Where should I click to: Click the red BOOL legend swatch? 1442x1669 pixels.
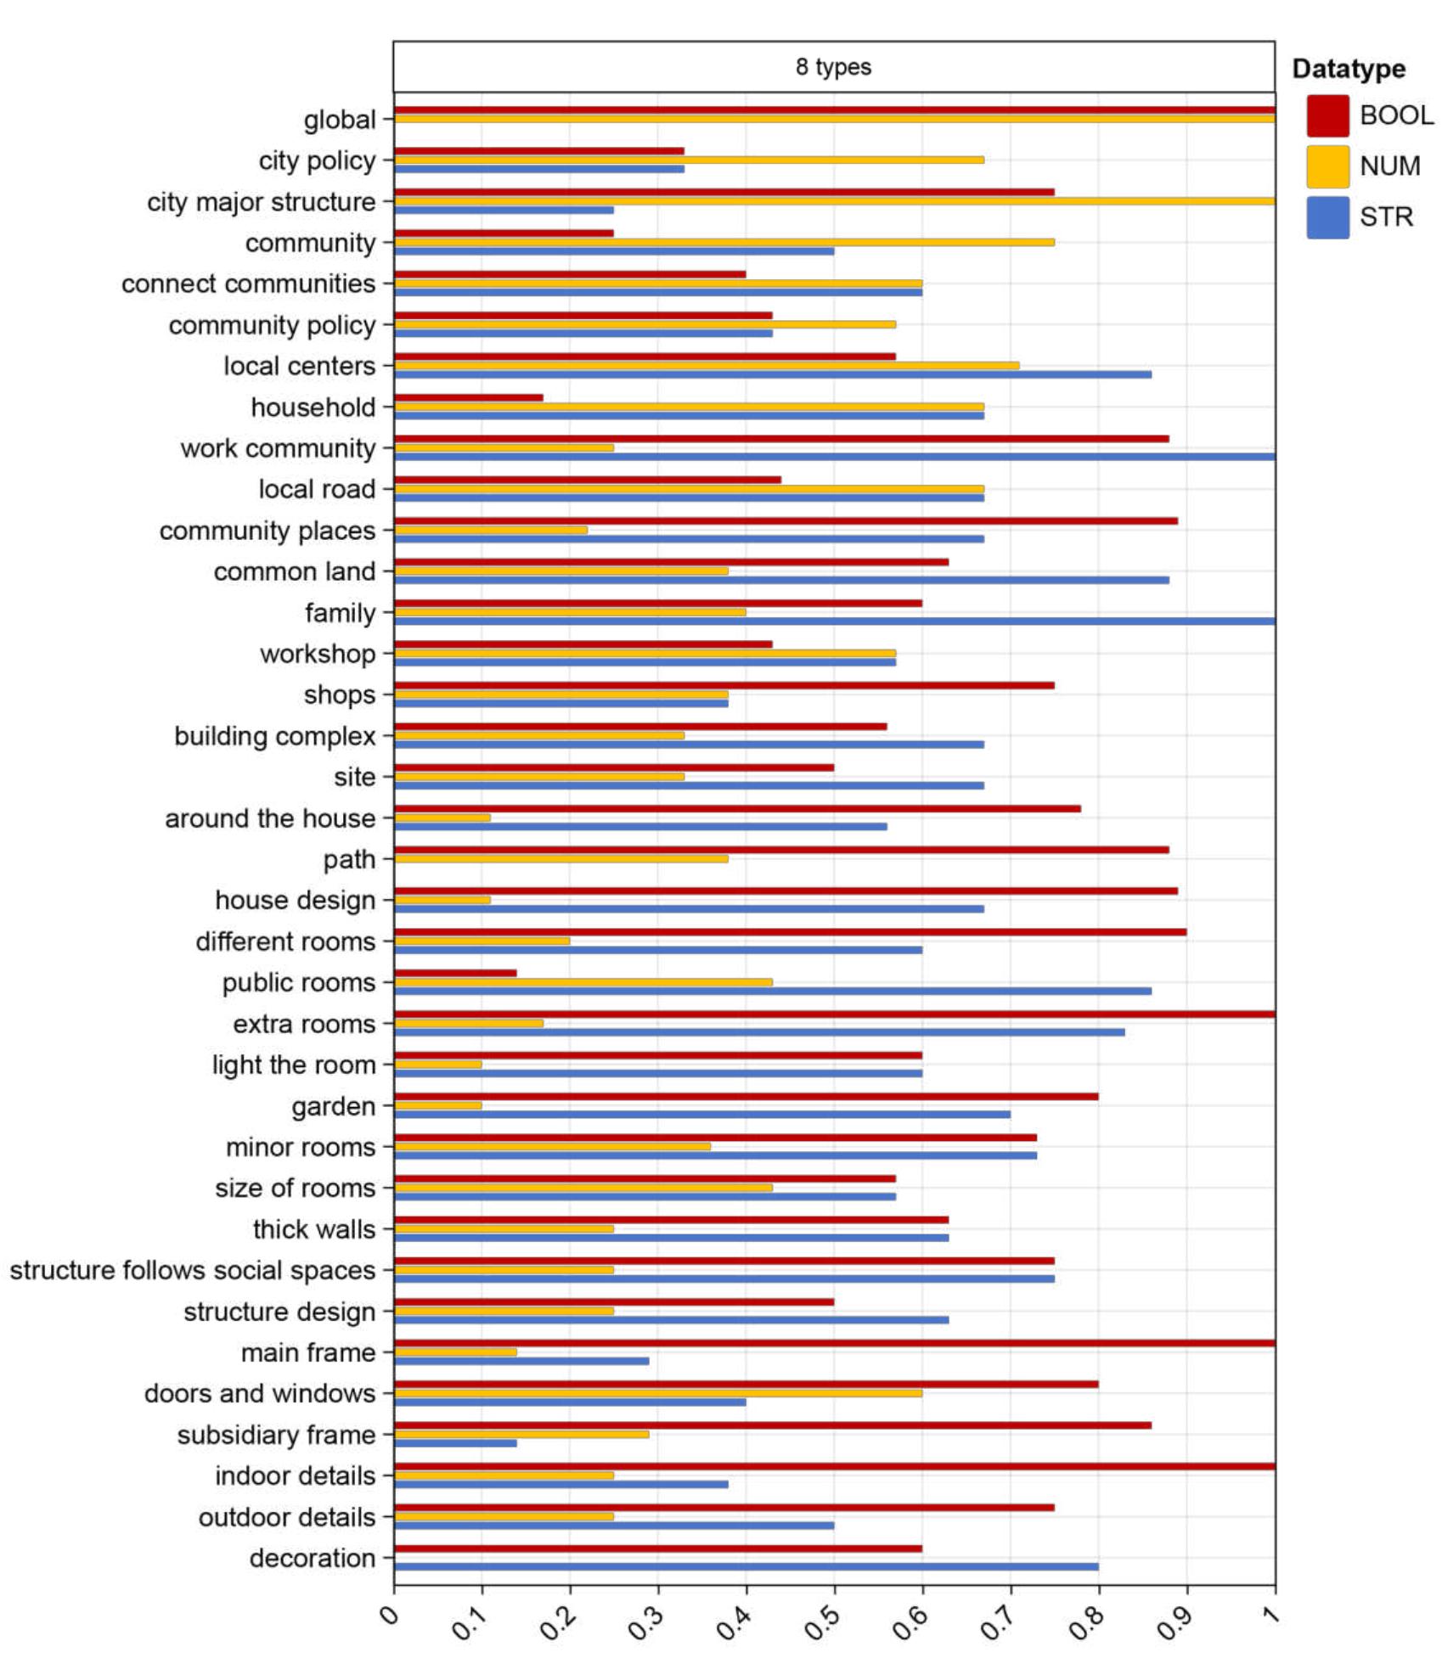[x=1327, y=115]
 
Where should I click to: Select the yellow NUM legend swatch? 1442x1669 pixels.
[x=1327, y=166]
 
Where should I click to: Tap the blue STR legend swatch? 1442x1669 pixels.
[x=1327, y=217]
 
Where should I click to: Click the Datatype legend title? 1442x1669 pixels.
[x=1348, y=69]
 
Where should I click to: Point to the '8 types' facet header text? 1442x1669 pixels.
[x=833, y=67]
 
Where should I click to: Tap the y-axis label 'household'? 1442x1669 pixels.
[x=313, y=407]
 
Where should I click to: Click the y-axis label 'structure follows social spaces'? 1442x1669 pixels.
[x=193, y=1270]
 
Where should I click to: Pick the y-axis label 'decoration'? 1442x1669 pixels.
[x=312, y=1558]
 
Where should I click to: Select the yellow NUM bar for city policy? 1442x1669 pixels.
[x=689, y=160]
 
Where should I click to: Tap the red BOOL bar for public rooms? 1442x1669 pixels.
[x=455, y=973]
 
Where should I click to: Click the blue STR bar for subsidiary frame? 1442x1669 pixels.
[x=455, y=1443]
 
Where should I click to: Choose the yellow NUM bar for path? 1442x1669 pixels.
[x=560, y=858]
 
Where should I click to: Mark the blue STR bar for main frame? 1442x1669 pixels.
[x=521, y=1361]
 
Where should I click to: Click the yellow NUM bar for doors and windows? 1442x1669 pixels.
[x=658, y=1393]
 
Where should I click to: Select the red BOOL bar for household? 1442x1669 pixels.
[x=468, y=398]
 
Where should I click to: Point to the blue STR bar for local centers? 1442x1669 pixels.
[x=773, y=374]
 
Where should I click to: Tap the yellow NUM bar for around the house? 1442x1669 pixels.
[x=442, y=818]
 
